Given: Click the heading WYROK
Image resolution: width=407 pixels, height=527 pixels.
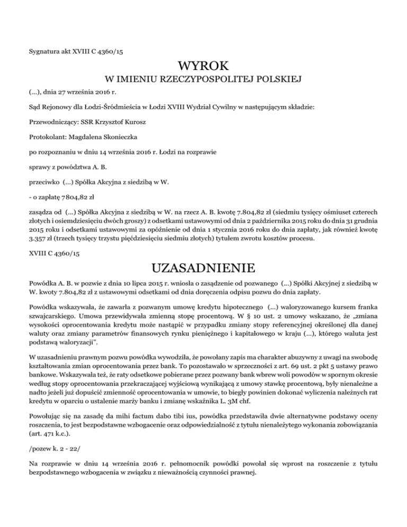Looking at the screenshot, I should click(x=203, y=67).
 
